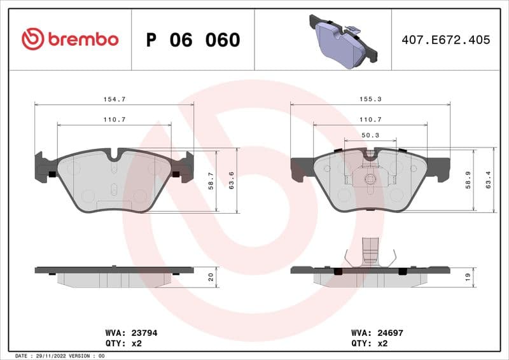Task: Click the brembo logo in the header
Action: [69, 39]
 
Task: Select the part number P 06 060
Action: [193, 40]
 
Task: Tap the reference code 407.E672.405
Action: [445, 39]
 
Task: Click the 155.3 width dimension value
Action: [370, 99]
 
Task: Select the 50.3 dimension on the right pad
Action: [370, 135]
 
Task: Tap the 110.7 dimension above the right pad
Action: [370, 120]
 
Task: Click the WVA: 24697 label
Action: [377, 332]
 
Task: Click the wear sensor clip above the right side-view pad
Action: [370, 254]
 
